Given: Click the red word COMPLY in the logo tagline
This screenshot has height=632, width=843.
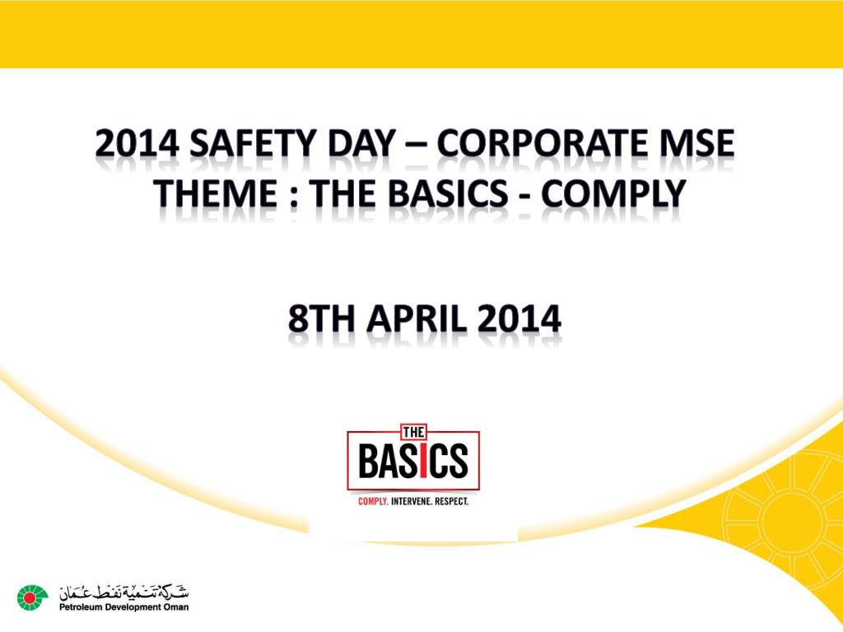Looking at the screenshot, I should (x=372, y=500).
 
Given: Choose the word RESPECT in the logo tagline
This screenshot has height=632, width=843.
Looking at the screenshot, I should (x=454, y=500).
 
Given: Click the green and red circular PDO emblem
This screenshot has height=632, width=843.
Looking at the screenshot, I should (x=33, y=597).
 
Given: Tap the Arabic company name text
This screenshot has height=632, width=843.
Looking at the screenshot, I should (x=123, y=591).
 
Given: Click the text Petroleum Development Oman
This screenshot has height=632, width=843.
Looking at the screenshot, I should (x=123, y=607).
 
